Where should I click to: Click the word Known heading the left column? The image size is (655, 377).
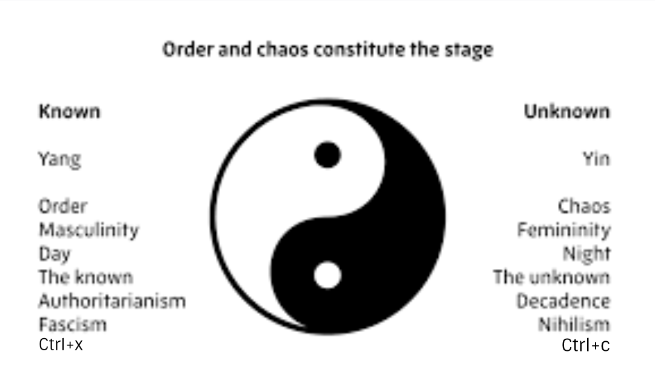point(69,112)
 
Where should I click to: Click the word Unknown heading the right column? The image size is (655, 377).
point(566,112)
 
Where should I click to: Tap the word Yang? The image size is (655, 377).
point(59,160)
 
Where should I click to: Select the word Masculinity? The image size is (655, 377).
point(89,230)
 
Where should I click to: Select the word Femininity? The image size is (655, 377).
point(563,230)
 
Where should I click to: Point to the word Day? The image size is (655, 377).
point(55,254)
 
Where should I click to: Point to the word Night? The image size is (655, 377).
point(586,254)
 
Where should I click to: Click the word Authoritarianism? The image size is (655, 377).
point(112,301)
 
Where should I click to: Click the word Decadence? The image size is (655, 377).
point(563,301)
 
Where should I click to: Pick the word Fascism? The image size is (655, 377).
point(73,324)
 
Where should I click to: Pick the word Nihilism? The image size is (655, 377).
point(574,324)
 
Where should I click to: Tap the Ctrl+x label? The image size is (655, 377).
point(61,345)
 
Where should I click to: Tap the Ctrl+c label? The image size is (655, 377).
point(585,345)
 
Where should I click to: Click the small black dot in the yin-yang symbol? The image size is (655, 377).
point(327,155)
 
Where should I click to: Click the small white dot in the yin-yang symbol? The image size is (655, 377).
point(327,275)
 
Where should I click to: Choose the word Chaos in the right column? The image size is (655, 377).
point(583,206)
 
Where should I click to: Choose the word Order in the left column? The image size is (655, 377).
point(63,206)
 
